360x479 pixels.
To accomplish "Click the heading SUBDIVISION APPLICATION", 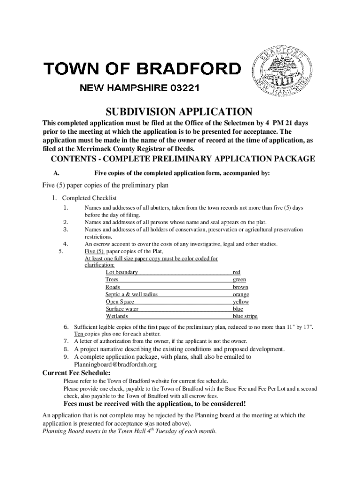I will [179, 112].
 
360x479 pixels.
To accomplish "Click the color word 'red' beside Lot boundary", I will [237, 272].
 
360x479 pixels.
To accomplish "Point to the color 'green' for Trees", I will [239, 279].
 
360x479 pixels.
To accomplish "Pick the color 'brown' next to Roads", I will [240, 287].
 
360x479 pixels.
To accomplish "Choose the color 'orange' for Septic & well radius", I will [241, 294].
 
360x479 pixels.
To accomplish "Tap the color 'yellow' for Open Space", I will [241, 302].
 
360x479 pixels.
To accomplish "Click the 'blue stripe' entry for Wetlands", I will [245, 316].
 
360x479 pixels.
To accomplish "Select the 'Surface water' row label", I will [122, 309].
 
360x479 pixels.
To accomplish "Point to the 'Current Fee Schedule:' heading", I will [77, 373].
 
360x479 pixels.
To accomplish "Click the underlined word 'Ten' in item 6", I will [79, 334].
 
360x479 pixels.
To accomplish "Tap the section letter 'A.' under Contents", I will [56, 173].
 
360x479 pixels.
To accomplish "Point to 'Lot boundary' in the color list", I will [122, 272].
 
